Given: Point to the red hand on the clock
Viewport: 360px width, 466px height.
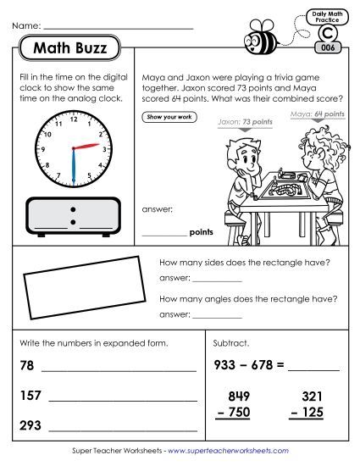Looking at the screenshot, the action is [x=89, y=147].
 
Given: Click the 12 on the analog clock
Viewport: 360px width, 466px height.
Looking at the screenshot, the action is [x=73, y=116].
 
